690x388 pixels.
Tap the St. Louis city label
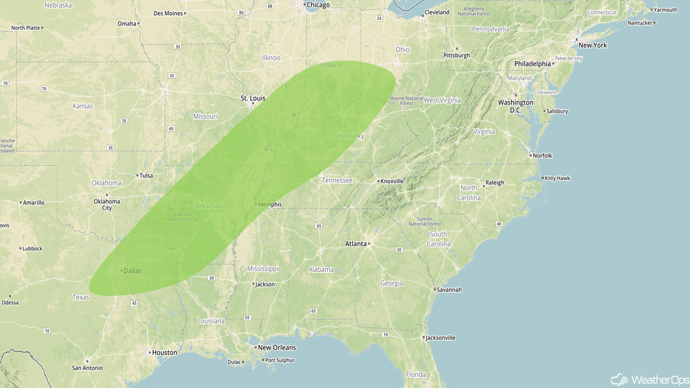click(253, 98)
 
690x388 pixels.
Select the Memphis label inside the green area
click(270, 204)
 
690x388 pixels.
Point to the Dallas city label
click(132, 271)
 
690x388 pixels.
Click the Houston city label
click(164, 352)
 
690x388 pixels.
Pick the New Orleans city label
click(277, 348)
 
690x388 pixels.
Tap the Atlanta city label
click(356, 244)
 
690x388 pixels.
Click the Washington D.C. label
click(515, 106)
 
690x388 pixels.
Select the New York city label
click(592, 45)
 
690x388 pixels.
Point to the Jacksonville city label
click(440, 338)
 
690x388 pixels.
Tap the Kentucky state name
click(351, 136)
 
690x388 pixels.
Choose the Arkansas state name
click(208, 206)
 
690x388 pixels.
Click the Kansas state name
click(83, 106)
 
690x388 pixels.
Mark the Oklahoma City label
click(107, 205)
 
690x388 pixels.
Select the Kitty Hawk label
click(557, 178)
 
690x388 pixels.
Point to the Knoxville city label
click(392, 181)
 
